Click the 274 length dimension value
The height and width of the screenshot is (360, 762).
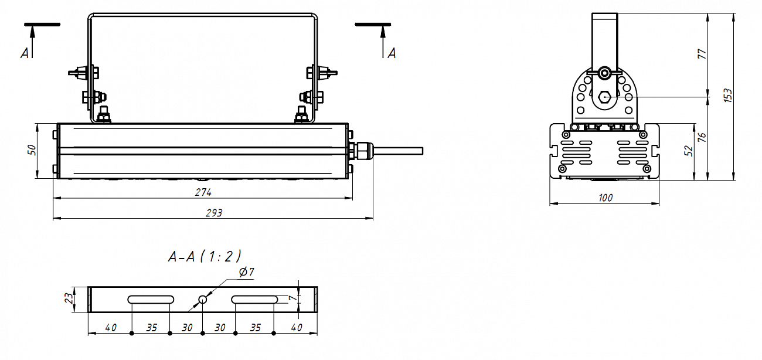click(203, 192)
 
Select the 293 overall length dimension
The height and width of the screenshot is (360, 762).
click(213, 213)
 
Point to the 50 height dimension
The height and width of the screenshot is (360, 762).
click(32, 150)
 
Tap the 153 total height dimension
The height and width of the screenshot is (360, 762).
click(727, 95)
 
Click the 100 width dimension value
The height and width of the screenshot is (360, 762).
click(605, 198)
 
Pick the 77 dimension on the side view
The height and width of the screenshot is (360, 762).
click(702, 54)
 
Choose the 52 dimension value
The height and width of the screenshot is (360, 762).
click(689, 151)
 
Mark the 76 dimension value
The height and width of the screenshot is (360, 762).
click(702, 137)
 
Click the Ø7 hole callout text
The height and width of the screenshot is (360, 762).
click(247, 272)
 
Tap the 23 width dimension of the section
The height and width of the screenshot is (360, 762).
click(69, 299)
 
